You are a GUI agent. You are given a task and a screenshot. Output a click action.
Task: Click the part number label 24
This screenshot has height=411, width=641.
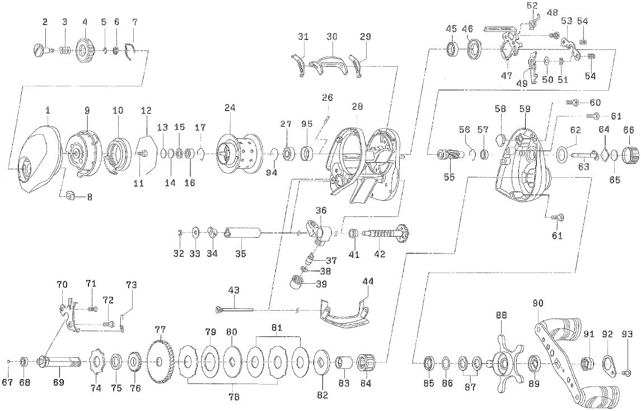tap(230, 108)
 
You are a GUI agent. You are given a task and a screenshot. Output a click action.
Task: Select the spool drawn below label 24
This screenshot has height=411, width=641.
tap(231, 147)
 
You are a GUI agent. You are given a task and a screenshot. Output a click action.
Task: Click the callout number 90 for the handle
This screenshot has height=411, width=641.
tap(538, 303)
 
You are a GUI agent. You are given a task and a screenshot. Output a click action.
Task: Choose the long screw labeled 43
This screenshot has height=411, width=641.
tap(235, 308)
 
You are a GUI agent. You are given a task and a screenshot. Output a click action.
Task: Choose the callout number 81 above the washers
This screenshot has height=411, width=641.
tap(277, 326)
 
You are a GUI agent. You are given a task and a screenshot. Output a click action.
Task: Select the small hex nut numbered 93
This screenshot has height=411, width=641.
tap(627, 372)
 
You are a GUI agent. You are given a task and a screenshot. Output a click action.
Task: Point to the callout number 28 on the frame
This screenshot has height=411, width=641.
tap(358, 107)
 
